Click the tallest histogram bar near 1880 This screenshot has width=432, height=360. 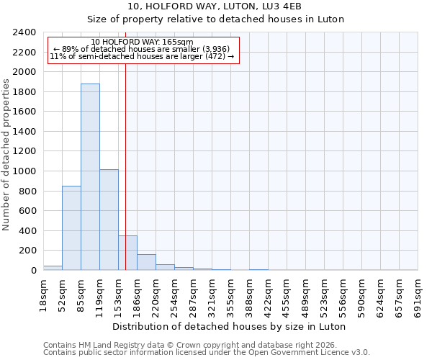(x=90, y=177)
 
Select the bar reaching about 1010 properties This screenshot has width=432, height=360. (x=109, y=220)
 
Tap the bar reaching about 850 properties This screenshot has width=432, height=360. (x=71, y=228)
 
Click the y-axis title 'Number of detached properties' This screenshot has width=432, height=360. (x=6, y=151)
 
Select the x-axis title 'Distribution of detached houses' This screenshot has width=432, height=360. (x=230, y=326)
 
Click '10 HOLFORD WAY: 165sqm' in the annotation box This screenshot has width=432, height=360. (x=143, y=42)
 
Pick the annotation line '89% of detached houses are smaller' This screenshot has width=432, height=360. (x=142, y=49)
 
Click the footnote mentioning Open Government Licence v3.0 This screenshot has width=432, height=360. (x=207, y=352)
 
